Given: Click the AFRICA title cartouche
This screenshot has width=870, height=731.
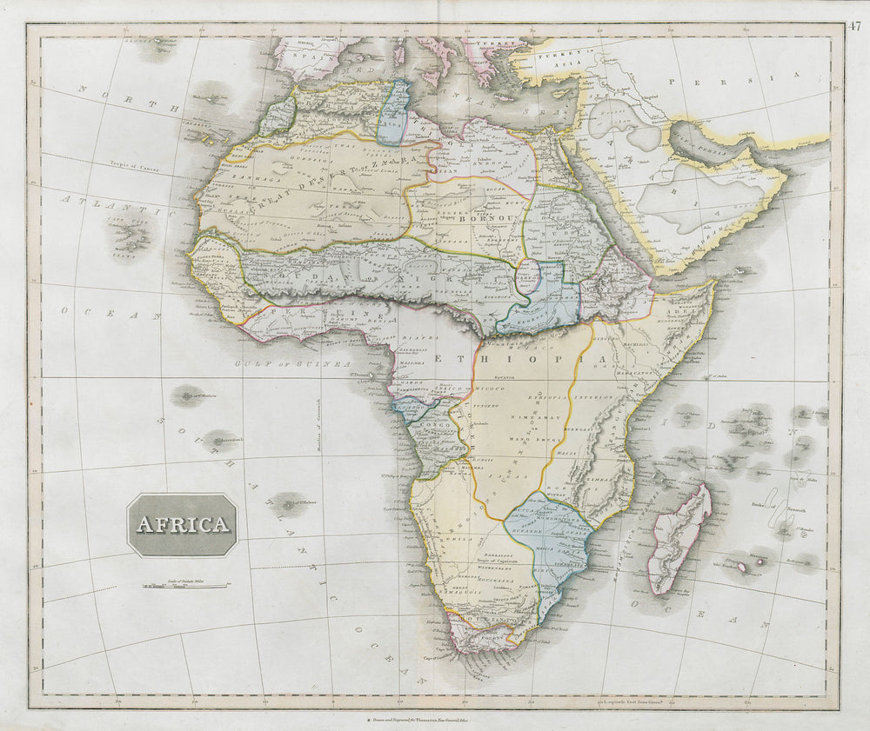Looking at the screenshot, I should point(182,524).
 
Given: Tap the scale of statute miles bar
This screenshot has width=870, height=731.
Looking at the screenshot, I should point(185,586).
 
